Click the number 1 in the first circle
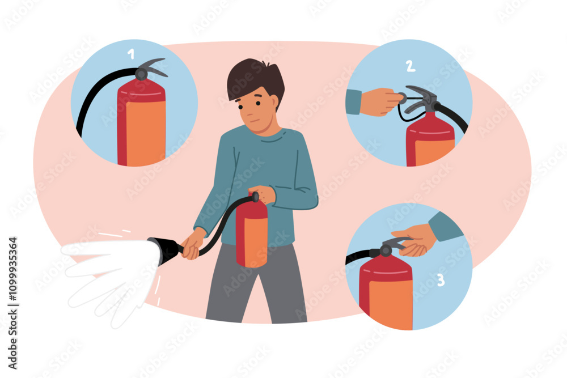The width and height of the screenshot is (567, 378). pos(132,54)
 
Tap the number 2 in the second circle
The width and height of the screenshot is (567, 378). pos(410,66)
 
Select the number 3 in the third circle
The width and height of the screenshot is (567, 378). pos(441,280)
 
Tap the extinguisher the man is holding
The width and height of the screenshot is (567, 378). pos(251,232)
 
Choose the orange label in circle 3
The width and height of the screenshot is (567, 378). pos(391,303)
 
